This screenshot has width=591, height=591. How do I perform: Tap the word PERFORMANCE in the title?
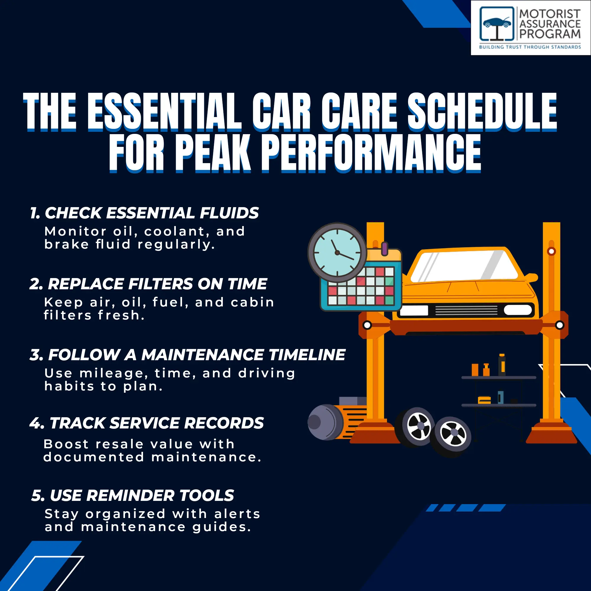point(371,153)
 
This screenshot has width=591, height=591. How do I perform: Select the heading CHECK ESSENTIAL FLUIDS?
point(152,213)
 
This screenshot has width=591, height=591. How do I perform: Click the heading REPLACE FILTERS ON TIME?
point(157,284)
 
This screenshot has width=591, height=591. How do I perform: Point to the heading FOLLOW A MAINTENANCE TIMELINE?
point(197,355)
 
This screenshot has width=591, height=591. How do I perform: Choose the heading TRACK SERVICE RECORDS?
point(157,423)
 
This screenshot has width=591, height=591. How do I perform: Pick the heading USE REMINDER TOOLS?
point(142,495)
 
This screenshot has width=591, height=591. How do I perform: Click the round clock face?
point(337,252)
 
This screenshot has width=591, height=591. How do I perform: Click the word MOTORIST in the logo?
point(550,14)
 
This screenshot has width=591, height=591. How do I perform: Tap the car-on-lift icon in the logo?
point(497,24)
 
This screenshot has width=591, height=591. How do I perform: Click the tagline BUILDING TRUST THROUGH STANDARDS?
point(530,47)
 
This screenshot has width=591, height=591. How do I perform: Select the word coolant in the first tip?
point(176,232)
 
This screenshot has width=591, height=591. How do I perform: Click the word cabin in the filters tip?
point(252,302)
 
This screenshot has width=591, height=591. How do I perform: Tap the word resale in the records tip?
point(119,444)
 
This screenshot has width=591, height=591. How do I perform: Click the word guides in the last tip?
point(222,527)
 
